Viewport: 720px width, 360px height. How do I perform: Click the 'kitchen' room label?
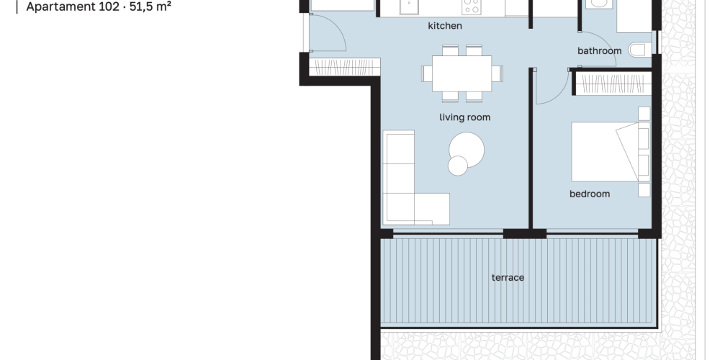(444, 26)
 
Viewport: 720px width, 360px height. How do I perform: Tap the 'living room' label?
(464, 117)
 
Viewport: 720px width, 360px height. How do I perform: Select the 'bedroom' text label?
(590, 194)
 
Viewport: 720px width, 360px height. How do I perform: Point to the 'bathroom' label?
(599, 50)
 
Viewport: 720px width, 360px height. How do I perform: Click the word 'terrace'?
(508, 277)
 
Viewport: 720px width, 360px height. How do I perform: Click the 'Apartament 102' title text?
(73, 7)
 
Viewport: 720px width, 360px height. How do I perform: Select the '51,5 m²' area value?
(150, 7)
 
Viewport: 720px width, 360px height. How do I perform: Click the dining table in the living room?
(462, 73)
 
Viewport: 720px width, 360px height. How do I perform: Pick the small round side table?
(458, 166)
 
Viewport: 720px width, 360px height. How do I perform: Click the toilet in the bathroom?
(639, 50)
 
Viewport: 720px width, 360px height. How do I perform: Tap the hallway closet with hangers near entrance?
(345, 67)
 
